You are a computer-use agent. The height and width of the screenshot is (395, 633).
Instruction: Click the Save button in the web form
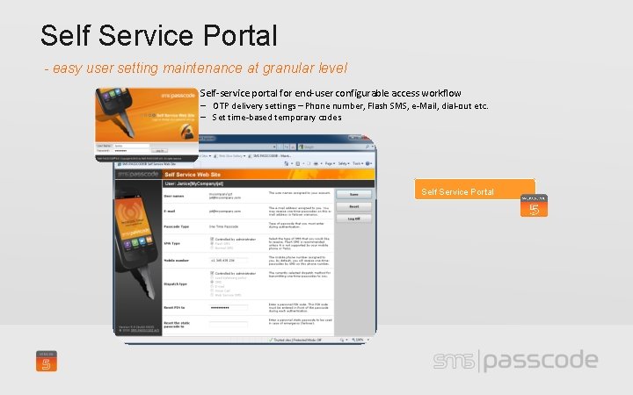[x=353, y=194]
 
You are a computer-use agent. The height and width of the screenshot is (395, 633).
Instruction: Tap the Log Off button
[x=353, y=219]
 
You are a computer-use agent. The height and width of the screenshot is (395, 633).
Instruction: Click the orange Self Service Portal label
[x=457, y=191]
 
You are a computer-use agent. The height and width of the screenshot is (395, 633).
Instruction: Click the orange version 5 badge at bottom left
[x=47, y=361]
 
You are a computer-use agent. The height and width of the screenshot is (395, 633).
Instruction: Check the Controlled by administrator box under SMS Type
[x=212, y=239]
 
